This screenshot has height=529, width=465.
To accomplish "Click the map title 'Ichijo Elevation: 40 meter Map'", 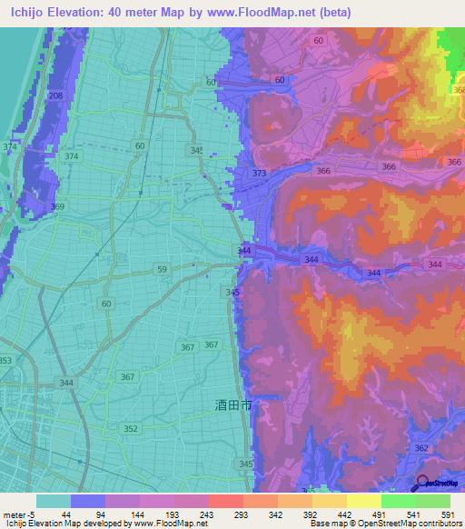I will pyautogui.click(x=100, y=12).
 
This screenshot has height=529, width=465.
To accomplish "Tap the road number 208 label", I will pyautogui.click(x=55, y=95).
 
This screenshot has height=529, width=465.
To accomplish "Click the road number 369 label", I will pyautogui.click(x=57, y=207).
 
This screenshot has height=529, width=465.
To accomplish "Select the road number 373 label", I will pyautogui.click(x=260, y=174).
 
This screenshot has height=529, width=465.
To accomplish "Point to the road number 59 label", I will pyautogui.click(x=162, y=269).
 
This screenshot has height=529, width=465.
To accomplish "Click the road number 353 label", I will pyautogui.click(x=5, y=361).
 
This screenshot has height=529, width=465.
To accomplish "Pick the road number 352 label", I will pyautogui.click(x=131, y=429).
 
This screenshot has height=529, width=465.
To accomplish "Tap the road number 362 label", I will pyautogui.click(x=420, y=448).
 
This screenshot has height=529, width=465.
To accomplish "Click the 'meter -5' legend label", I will pyautogui.click(x=18, y=514).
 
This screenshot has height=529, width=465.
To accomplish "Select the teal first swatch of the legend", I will pyautogui.click(x=54, y=501).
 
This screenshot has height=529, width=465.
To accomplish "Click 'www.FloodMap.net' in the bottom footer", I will pyautogui.click(x=175, y=524).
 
